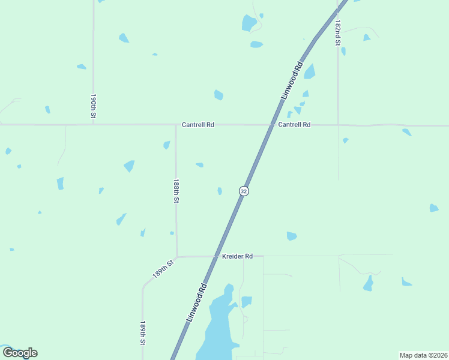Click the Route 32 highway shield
(x=243, y=191)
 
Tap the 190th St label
(x=94, y=106)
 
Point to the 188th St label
(x=176, y=191)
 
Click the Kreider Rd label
(x=237, y=256)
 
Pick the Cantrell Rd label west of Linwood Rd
(x=198, y=125)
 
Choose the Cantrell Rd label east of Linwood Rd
(x=294, y=125)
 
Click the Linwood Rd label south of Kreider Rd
(x=196, y=302)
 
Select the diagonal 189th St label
(x=163, y=268)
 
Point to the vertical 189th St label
(x=143, y=332)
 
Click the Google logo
(x=20, y=353)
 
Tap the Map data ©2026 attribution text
(x=423, y=355)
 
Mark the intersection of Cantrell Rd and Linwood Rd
(x=271, y=125)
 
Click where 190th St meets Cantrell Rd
(x=93, y=125)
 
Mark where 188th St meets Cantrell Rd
(x=175, y=125)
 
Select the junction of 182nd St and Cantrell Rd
(x=338, y=125)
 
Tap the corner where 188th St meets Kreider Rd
(x=176, y=256)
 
